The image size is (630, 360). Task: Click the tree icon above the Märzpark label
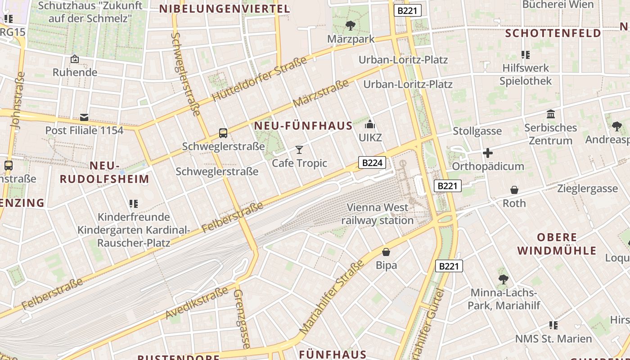click(x=350, y=26)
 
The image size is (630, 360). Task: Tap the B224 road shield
click(x=372, y=162)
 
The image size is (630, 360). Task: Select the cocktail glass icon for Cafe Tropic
click(x=299, y=150)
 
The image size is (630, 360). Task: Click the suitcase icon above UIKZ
click(x=370, y=125)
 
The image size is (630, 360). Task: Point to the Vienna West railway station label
click(x=378, y=214)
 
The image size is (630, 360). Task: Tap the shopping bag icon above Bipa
click(x=386, y=252)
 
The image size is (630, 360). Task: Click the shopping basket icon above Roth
click(x=514, y=190)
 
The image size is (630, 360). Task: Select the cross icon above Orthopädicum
click(x=488, y=153)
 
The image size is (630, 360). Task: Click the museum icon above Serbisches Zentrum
click(x=551, y=114)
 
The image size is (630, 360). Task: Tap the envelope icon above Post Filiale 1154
click(x=84, y=117)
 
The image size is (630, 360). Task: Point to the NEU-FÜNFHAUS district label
click(x=303, y=126)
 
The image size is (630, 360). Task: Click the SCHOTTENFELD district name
click(x=553, y=33)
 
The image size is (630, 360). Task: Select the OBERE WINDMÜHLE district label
click(x=557, y=244)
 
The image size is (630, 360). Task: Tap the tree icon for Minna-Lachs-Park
click(x=503, y=279)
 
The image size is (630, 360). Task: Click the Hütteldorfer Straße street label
click(x=259, y=79)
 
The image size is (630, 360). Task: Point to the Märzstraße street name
click(x=321, y=93)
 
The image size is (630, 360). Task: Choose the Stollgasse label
click(x=477, y=131)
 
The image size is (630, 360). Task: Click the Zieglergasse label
click(x=587, y=189)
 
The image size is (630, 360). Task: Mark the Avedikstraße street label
click(x=197, y=303)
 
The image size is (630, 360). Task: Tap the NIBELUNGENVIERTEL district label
click(x=225, y=9)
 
